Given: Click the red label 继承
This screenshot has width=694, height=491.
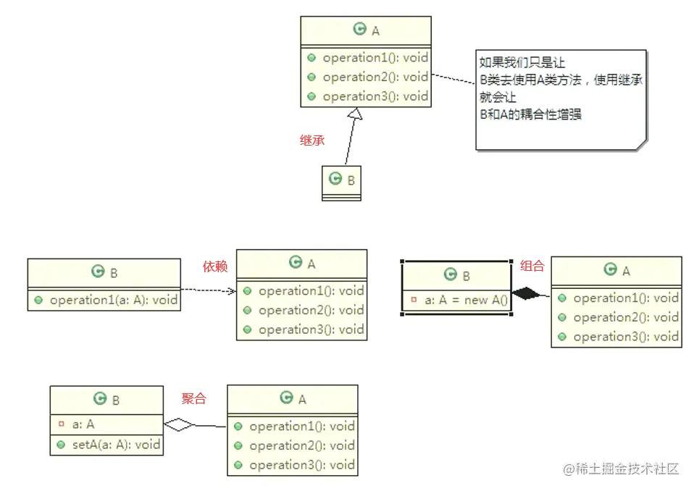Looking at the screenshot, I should pos(312,140).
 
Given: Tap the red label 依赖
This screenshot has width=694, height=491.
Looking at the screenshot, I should pos(215,267).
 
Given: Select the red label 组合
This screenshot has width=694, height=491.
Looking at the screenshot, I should pos(532,266).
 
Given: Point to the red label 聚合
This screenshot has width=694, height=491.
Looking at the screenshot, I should pos(193,398).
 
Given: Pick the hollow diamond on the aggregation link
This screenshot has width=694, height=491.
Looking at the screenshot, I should pos(180,424).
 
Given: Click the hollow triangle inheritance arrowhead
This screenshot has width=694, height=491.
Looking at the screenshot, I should pos(354,114).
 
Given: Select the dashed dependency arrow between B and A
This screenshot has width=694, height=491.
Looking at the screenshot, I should pos(208,291).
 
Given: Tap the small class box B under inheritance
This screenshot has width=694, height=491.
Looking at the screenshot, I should pos(341,182).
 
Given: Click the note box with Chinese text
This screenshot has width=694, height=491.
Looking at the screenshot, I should pos(560,99).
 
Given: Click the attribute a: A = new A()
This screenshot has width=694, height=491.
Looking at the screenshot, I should pos(466,300).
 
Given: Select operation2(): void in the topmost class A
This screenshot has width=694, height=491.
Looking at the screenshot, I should pos(375,77).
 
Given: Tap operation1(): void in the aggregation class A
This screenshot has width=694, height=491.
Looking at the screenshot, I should pos(301,426).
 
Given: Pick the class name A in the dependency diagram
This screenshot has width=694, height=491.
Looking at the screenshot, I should pos(312,264).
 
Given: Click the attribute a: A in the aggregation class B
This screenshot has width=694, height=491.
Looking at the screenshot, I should pos(83,424).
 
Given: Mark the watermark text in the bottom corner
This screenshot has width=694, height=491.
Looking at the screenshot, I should pos(622,469).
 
